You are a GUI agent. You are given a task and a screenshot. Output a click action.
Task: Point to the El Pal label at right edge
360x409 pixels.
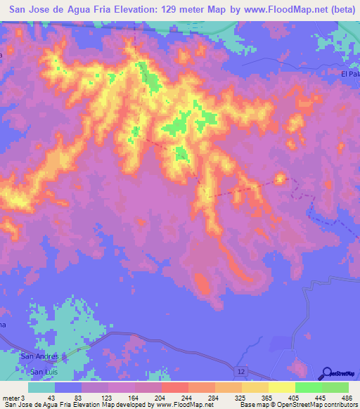[349, 73]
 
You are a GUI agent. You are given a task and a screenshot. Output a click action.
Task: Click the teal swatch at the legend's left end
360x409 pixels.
[41, 388]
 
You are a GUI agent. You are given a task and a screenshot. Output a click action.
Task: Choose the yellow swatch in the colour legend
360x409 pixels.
[281, 388]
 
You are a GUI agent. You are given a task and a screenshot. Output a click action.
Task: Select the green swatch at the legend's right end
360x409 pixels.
[335, 388]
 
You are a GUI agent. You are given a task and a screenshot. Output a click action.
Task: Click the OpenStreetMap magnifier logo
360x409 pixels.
[327, 372]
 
